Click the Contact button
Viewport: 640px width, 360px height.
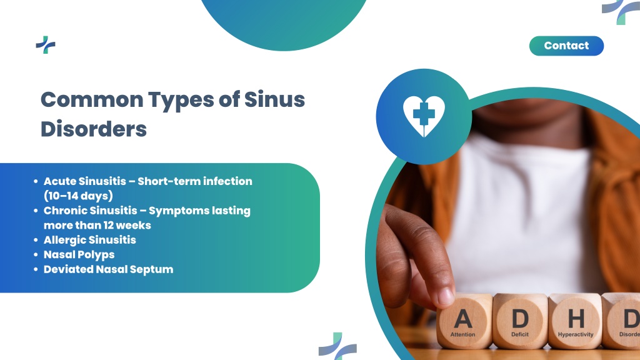pyautogui.click(x=566, y=46)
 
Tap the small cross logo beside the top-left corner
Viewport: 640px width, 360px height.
pyautogui.click(x=45, y=45)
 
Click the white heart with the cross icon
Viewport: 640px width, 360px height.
pyautogui.click(x=424, y=116)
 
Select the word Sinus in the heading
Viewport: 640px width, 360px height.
pyautogui.click(x=275, y=99)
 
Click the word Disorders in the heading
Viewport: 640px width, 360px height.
pyautogui.click(x=94, y=129)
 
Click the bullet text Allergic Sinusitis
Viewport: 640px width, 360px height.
pyautogui.click(x=90, y=239)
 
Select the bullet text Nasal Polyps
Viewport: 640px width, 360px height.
pyautogui.click(x=79, y=255)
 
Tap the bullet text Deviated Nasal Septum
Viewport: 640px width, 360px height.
pyautogui.click(x=109, y=269)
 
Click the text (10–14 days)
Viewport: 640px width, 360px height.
pyautogui.click(x=78, y=196)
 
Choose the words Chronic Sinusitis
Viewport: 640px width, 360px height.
pyautogui.click(x=90, y=211)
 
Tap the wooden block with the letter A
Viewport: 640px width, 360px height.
pyautogui.click(x=464, y=321)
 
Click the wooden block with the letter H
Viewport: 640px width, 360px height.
pyautogui.click(x=575, y=321)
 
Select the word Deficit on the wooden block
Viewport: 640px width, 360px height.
pyautogui.click(x=519, y=334)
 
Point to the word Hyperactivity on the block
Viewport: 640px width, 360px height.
pyautogui.click(x=576, y=335)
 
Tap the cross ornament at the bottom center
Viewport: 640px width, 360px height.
pyautogui.click(x=337, y=346)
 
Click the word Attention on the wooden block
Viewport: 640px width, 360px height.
pyautogui.click(x=463, y=334)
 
